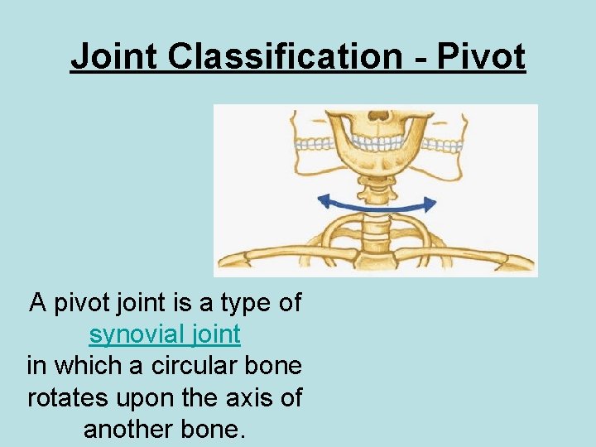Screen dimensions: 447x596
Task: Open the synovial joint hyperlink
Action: click(165, 334)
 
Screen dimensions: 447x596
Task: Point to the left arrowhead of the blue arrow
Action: click(324, 199)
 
